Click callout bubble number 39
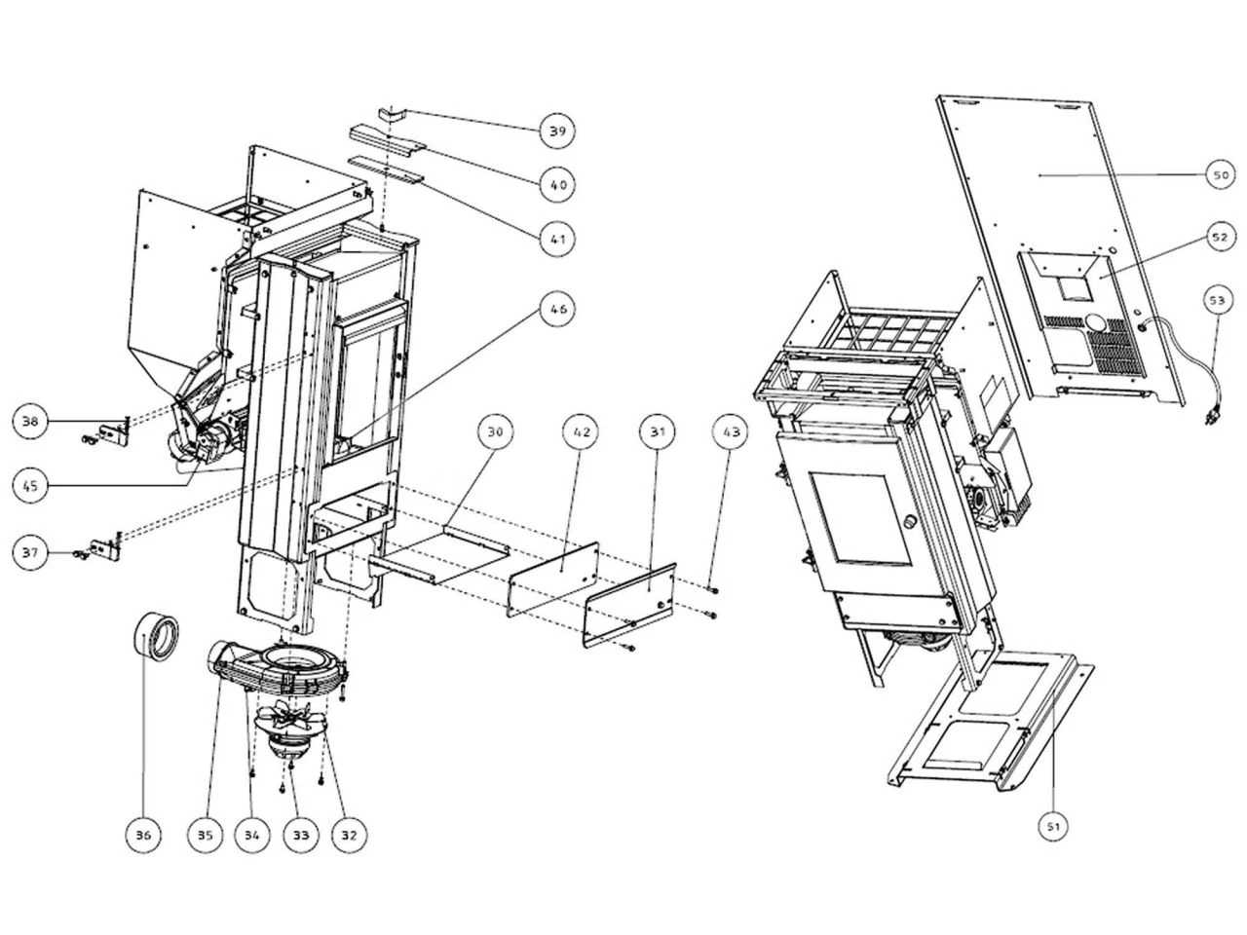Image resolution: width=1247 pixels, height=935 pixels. point(557,131)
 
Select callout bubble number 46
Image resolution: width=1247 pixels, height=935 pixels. point(557,310)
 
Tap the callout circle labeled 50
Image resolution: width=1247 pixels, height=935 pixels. point(1220,175)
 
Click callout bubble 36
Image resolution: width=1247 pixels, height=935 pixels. point(143,835)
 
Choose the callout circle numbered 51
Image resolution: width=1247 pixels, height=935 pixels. point(1053,827)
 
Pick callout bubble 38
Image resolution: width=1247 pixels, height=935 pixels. point(31,421)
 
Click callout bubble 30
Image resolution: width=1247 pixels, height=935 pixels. point(497,431)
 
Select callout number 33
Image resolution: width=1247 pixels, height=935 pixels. point(300,835)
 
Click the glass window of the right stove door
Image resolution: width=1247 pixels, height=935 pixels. point(854,521)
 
